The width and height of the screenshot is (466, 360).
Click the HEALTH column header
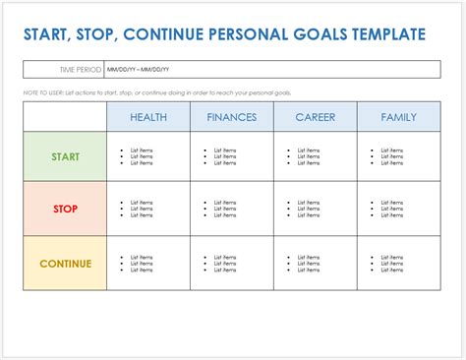click(x=148, y=117)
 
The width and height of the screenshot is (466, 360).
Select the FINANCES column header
click(x=232, y=117)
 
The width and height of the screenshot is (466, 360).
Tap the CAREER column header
click(x=315, y=117)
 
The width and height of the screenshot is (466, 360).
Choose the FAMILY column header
click(x=398, y=117)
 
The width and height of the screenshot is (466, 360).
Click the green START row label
click(x=65, y=156)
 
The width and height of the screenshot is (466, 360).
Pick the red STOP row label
click(x=65, y=209)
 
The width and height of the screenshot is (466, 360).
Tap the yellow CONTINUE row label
click(x=65, y=264)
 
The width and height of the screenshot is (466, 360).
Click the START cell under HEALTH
click(x=148, y=156)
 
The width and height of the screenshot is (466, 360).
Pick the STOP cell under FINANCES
click(x=232, y=209)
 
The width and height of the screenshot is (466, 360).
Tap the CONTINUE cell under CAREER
click(x=315, y=264)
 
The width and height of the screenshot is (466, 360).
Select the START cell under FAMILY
click(x=398, y=156)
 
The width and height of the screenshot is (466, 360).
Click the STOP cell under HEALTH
click(x=148, y=209)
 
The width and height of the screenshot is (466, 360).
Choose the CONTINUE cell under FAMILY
click(x=398, y=264)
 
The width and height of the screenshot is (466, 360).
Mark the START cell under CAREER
click(x=315, y=156)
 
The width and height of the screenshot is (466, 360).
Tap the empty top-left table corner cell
click(x=65, y=117)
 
